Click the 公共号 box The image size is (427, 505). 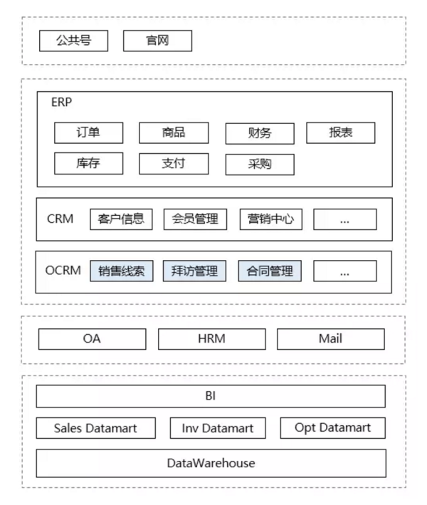click(74, 41)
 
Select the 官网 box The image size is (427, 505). click(158, 41)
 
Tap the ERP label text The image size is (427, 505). click(61, 102)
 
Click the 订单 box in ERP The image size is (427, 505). click(88, 132)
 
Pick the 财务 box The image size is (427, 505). click(260, 133)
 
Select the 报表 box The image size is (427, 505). click(341, 132)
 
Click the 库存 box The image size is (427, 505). click(88, 163)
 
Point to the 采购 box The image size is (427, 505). click(260, 165)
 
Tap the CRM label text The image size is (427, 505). click(60, 219)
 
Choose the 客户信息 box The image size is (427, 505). click(121, 219)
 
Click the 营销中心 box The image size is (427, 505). click(271, 219)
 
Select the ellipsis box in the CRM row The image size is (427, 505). click(345, 219)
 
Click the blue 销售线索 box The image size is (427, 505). click(122, 271)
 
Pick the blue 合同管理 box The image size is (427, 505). click(270, 271)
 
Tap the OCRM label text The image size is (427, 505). click(63, 271)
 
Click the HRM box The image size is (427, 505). click(212, 339)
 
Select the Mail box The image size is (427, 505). click(331, 339)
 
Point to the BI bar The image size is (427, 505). click(211, 397)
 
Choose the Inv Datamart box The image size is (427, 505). click(218, 428)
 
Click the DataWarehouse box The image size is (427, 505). click(211, 463)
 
